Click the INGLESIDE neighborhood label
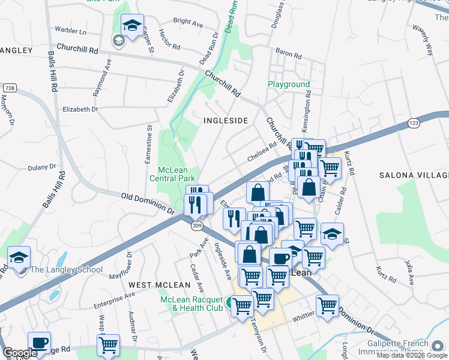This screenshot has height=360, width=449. pos(226,121)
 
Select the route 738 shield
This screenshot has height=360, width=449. pos(9,89)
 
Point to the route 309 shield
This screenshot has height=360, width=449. pos(197,226)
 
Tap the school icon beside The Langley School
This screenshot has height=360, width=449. pos(19,258)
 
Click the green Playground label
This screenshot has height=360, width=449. pos(289,85)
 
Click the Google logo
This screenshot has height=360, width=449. pos(20,353)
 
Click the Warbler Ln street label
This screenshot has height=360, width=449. pos(71,31)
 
